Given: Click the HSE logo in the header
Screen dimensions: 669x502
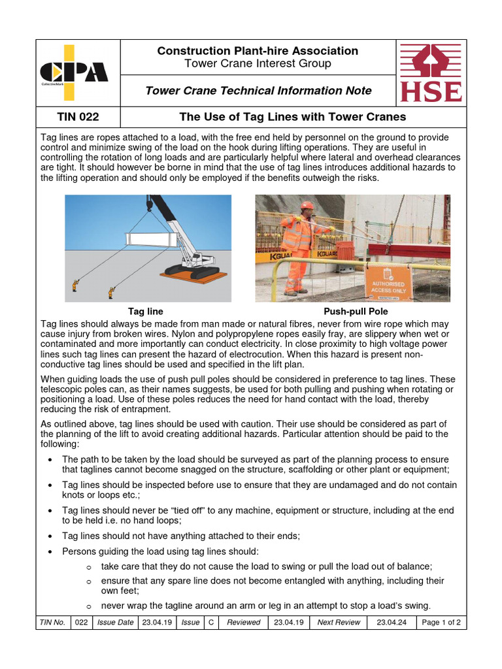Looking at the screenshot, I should [x=430, y=73].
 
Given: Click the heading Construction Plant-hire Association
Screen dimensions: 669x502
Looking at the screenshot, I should [x=258, y=51].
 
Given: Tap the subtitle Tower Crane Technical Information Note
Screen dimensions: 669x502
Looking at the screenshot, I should [x=258, y=91].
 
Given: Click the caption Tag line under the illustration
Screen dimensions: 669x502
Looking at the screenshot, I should [x=145, y=312].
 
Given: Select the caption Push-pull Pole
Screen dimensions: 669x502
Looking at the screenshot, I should [x=352, y=312].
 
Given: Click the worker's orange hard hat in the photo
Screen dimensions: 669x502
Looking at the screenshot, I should [x=307, y=205].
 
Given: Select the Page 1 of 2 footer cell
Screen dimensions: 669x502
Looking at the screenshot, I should [x=441, y=623].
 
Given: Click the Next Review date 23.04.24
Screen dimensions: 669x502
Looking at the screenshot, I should [x=392, y=623].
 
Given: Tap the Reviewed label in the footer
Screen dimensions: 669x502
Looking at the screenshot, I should [x=243, y=623].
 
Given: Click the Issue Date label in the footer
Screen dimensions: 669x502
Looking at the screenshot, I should [x=115, y=623].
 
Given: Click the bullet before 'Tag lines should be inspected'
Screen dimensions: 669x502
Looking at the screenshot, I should [x=51, y=485].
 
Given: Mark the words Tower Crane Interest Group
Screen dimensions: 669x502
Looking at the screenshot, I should [x=258, y=64].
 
